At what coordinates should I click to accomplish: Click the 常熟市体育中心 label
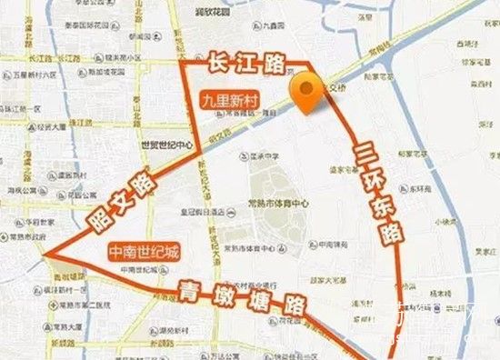click(x=289, y=204)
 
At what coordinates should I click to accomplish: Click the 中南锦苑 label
click(x=328, y=244)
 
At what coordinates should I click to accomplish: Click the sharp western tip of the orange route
click(x=43, y=253)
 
